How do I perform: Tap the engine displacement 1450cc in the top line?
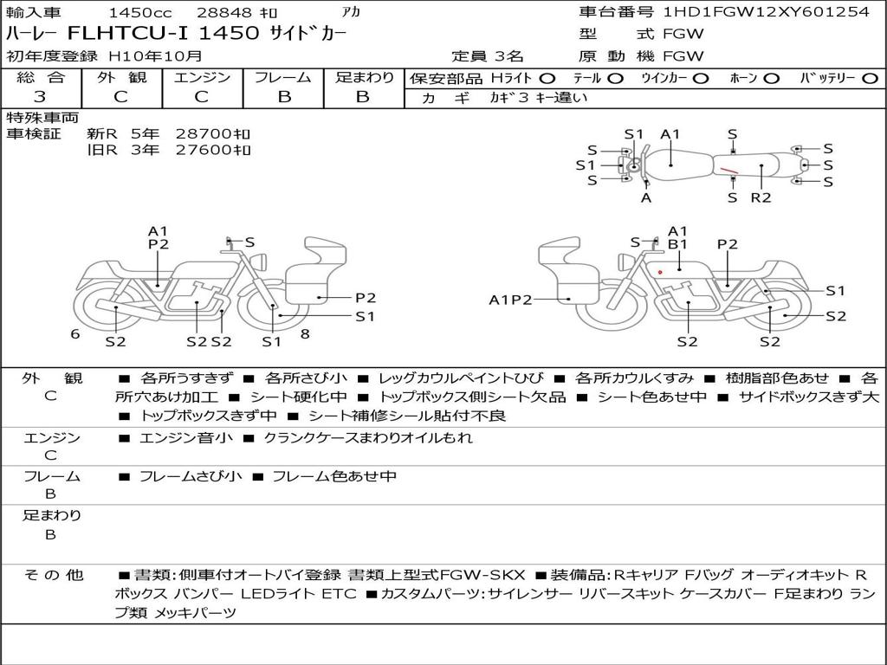pos(140,12)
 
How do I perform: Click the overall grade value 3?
pos(40,97)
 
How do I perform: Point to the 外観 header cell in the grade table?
pos(121,77)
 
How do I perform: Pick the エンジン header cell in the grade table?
pos(202,77)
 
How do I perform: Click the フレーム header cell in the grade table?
pos(283,77)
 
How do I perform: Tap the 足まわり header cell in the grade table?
pos(365,77)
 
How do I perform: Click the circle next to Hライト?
pos(547,79)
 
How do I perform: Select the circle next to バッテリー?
pos(870,79)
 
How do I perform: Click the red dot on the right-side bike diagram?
pos(660,273)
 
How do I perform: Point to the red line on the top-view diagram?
pos(728,169)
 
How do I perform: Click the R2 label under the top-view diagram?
pos(761,197)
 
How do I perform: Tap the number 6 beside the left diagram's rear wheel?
pos(75,334)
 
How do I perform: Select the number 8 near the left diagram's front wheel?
pos(305,334)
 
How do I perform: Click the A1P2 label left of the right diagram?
pos(511,300)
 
